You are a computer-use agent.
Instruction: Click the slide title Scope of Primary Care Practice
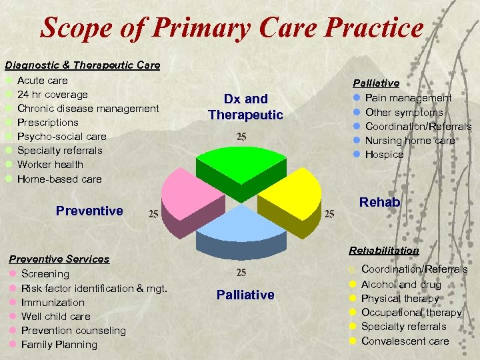click(232, 28)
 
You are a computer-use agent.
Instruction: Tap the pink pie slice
click(189, 194)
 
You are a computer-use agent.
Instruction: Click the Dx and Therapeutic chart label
click(245, 107)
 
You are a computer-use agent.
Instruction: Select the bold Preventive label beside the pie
click(89, 211)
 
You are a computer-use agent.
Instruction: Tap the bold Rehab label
click(379, 202)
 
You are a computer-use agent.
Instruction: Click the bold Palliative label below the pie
click(245, 295)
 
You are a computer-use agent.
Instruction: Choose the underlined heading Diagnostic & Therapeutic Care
click(83, 65)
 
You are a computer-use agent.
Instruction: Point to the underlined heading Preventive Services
click(59, 259)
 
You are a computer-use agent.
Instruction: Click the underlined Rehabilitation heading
click(383, 250)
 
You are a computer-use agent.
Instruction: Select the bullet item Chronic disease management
click(88, 108)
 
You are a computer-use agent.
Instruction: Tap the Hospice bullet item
click(384, 154)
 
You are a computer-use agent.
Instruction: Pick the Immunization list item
click(53, 302)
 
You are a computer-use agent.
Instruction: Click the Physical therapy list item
click(400, 298)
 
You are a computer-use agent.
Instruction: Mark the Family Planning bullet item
click(59, 344)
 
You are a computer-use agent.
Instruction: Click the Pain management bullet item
click(408, 98)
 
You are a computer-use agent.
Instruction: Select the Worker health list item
click(50, 164)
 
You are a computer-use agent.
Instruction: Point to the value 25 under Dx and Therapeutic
click(243, 137)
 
